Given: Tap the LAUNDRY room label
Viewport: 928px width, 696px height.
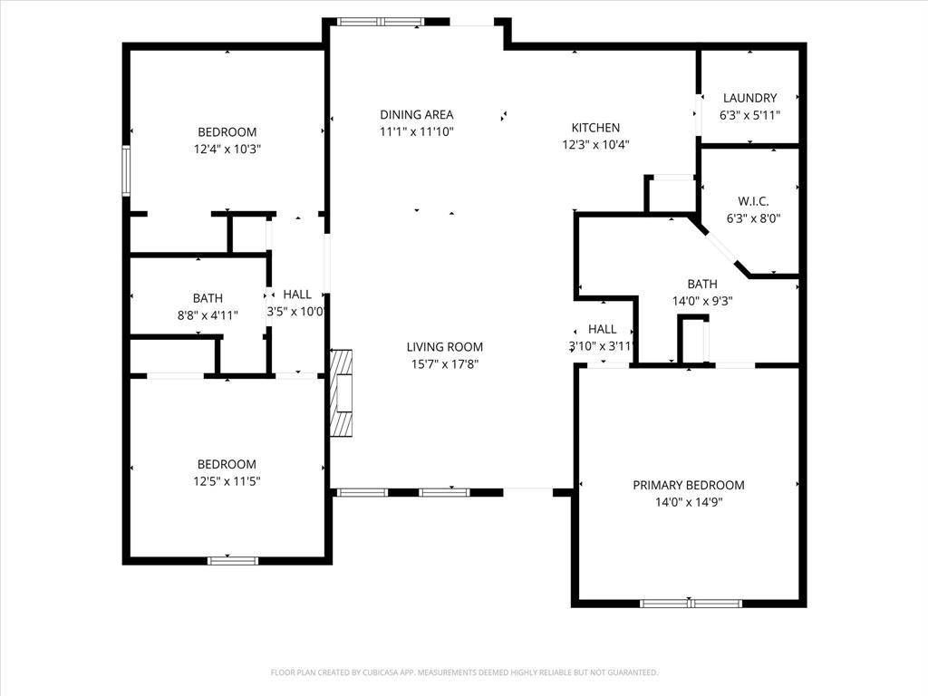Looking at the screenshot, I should click(749, 98).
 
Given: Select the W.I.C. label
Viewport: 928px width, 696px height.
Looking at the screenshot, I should click(753, 201).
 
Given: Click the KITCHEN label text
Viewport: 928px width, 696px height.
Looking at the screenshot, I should click(595, 128).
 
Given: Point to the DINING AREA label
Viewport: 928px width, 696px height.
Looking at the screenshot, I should click(416, 114).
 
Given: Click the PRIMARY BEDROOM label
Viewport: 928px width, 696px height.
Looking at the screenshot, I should click(689, 485).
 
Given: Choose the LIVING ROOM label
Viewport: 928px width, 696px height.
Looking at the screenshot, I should click(444, 346).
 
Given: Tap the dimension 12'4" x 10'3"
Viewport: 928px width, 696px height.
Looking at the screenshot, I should click(227, 149).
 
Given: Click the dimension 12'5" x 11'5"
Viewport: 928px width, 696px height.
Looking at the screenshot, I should click(227, 481).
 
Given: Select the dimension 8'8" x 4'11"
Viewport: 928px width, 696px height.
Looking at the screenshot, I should click(208, 314).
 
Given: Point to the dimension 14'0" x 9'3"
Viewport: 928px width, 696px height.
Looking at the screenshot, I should click(702, 301).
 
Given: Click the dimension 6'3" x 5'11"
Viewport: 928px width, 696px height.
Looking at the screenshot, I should click(749, 115).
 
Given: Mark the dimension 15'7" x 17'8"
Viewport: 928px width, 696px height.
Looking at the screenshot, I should click(444, 363).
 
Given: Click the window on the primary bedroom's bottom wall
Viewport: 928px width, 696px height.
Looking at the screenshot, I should click(691, 603).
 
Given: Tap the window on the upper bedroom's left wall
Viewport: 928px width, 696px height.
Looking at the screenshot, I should click(127, 170).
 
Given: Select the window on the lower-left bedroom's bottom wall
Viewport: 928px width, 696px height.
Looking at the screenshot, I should click(233, 560).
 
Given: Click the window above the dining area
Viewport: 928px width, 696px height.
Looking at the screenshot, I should click(381, 21).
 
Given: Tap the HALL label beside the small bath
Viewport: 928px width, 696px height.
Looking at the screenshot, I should click(297, 295).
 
